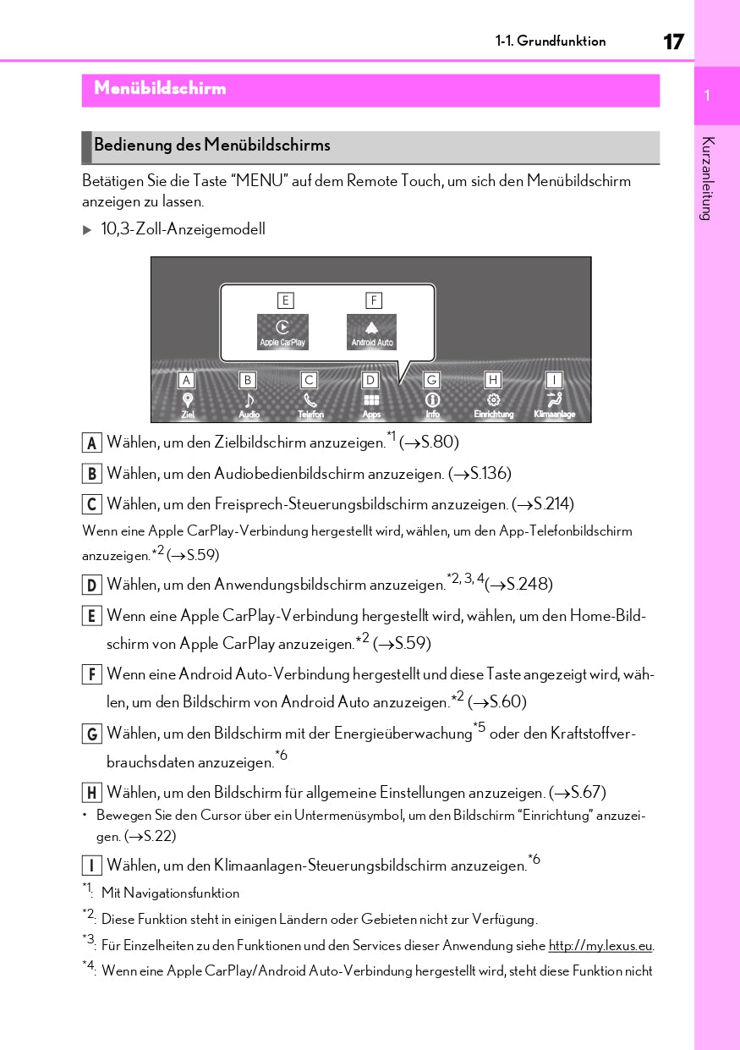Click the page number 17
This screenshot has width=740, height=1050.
[x=673, y=41]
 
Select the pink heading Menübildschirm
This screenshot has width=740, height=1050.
[x=160, y=89]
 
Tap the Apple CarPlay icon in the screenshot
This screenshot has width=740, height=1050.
[x=282, y=331]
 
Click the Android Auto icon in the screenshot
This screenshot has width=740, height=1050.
[x=371, y=331]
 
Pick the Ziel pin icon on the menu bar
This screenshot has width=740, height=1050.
[x=188, y=400]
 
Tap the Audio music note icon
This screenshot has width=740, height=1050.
[x=249, y=400]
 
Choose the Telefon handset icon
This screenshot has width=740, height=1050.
[x=310, y=400]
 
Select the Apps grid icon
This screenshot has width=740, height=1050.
[x=371, y=400]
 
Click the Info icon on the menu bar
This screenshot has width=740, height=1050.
[x=432, y=400]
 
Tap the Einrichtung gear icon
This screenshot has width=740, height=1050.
[x=493, y=400]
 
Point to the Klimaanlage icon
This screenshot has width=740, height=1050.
[x=554, y=400]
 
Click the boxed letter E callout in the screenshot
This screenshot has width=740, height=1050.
[x=285, y=300]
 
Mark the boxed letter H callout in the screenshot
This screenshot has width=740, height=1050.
[x=493, y=381]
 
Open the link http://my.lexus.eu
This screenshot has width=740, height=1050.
[x=600, y=946]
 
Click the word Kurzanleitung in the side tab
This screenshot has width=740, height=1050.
[x=708, y=178]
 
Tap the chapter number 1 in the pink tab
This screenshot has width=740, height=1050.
[x=707, y=96]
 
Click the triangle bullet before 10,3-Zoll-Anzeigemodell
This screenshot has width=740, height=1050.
[x=86, y=230]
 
